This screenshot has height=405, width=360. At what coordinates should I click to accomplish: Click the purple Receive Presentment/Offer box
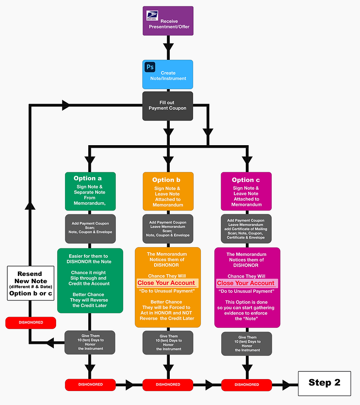coord(168,21)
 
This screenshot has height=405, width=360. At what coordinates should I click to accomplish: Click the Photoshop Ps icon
coord(150,67)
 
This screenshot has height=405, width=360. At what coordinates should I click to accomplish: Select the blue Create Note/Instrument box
coord(168,74)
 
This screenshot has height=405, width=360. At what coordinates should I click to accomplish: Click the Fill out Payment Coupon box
coord(168,105)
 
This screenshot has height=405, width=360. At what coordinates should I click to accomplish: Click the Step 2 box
coord(324,382)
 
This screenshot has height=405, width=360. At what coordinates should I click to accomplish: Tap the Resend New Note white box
coord(31,283)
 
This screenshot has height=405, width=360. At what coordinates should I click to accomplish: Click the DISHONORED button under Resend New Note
coord(31,323)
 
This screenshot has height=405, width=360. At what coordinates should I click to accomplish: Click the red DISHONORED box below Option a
coord(90,385)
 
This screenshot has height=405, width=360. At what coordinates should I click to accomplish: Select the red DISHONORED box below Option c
coord(247,385)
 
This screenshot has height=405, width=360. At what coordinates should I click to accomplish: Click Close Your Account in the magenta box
coord(246,283)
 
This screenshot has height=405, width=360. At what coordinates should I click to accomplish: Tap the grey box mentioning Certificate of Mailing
coord(247,229)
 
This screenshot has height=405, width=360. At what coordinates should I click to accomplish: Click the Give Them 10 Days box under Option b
coord(169,343)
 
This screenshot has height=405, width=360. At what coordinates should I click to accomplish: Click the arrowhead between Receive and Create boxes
coord(169,46)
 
